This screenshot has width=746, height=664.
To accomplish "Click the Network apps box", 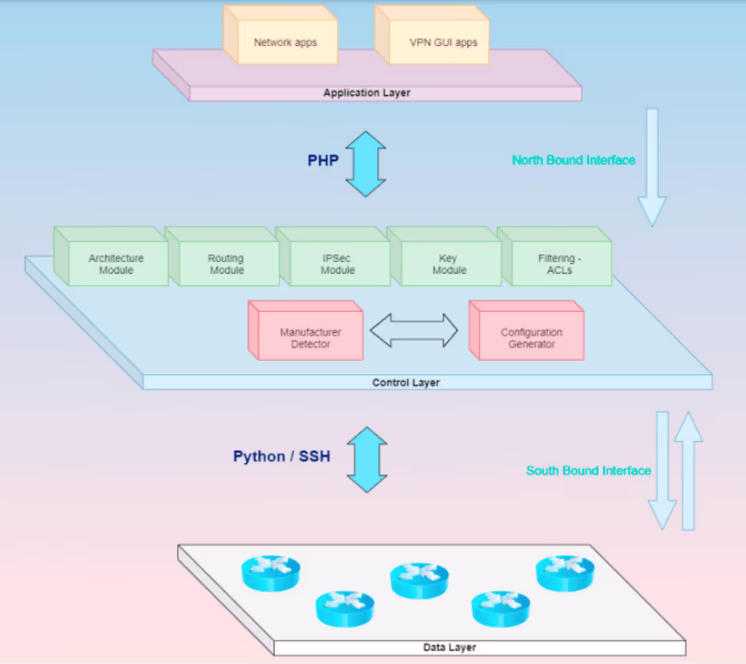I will pyautogui.click(x=286, y=43).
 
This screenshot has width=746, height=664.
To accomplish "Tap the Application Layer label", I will pyautogui.click(x=367, y=93).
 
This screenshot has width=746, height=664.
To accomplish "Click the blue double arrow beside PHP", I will pyautogui.click(x=366, y=164).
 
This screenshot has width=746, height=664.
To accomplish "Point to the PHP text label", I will pyautogui.click(x=323, y=161).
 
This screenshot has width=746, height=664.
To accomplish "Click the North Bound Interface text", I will pyautogui.click(x=573, y=161).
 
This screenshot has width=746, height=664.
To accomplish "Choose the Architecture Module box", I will pyautogui.click(x=116, y=264).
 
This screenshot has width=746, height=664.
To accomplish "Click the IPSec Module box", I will pyautogui.click(x=338, y=264).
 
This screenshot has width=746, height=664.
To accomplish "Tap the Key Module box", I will pyautogui.click(x=449, y=264).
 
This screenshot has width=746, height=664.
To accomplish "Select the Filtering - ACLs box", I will pyautogui.click(x=559, y=264).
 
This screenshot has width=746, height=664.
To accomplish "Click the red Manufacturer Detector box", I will pyautogui.click(x=311, y=337).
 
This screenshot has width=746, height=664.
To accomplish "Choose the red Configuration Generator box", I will pyautogui.click(x=531, y=337).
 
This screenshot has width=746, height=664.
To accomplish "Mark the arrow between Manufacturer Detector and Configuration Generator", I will pyautogui.click(x=414, y=331).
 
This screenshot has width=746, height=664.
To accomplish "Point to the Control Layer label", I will pyautogui.click(x=406, y=383).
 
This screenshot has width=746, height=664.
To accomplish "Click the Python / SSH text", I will pyautogui.click(x=281, y=457).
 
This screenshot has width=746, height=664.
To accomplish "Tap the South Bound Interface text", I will pyautogui.click(x=588, y=470).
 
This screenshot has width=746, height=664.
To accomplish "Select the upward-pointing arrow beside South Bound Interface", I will pyautogui.click(x=689, y=470).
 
